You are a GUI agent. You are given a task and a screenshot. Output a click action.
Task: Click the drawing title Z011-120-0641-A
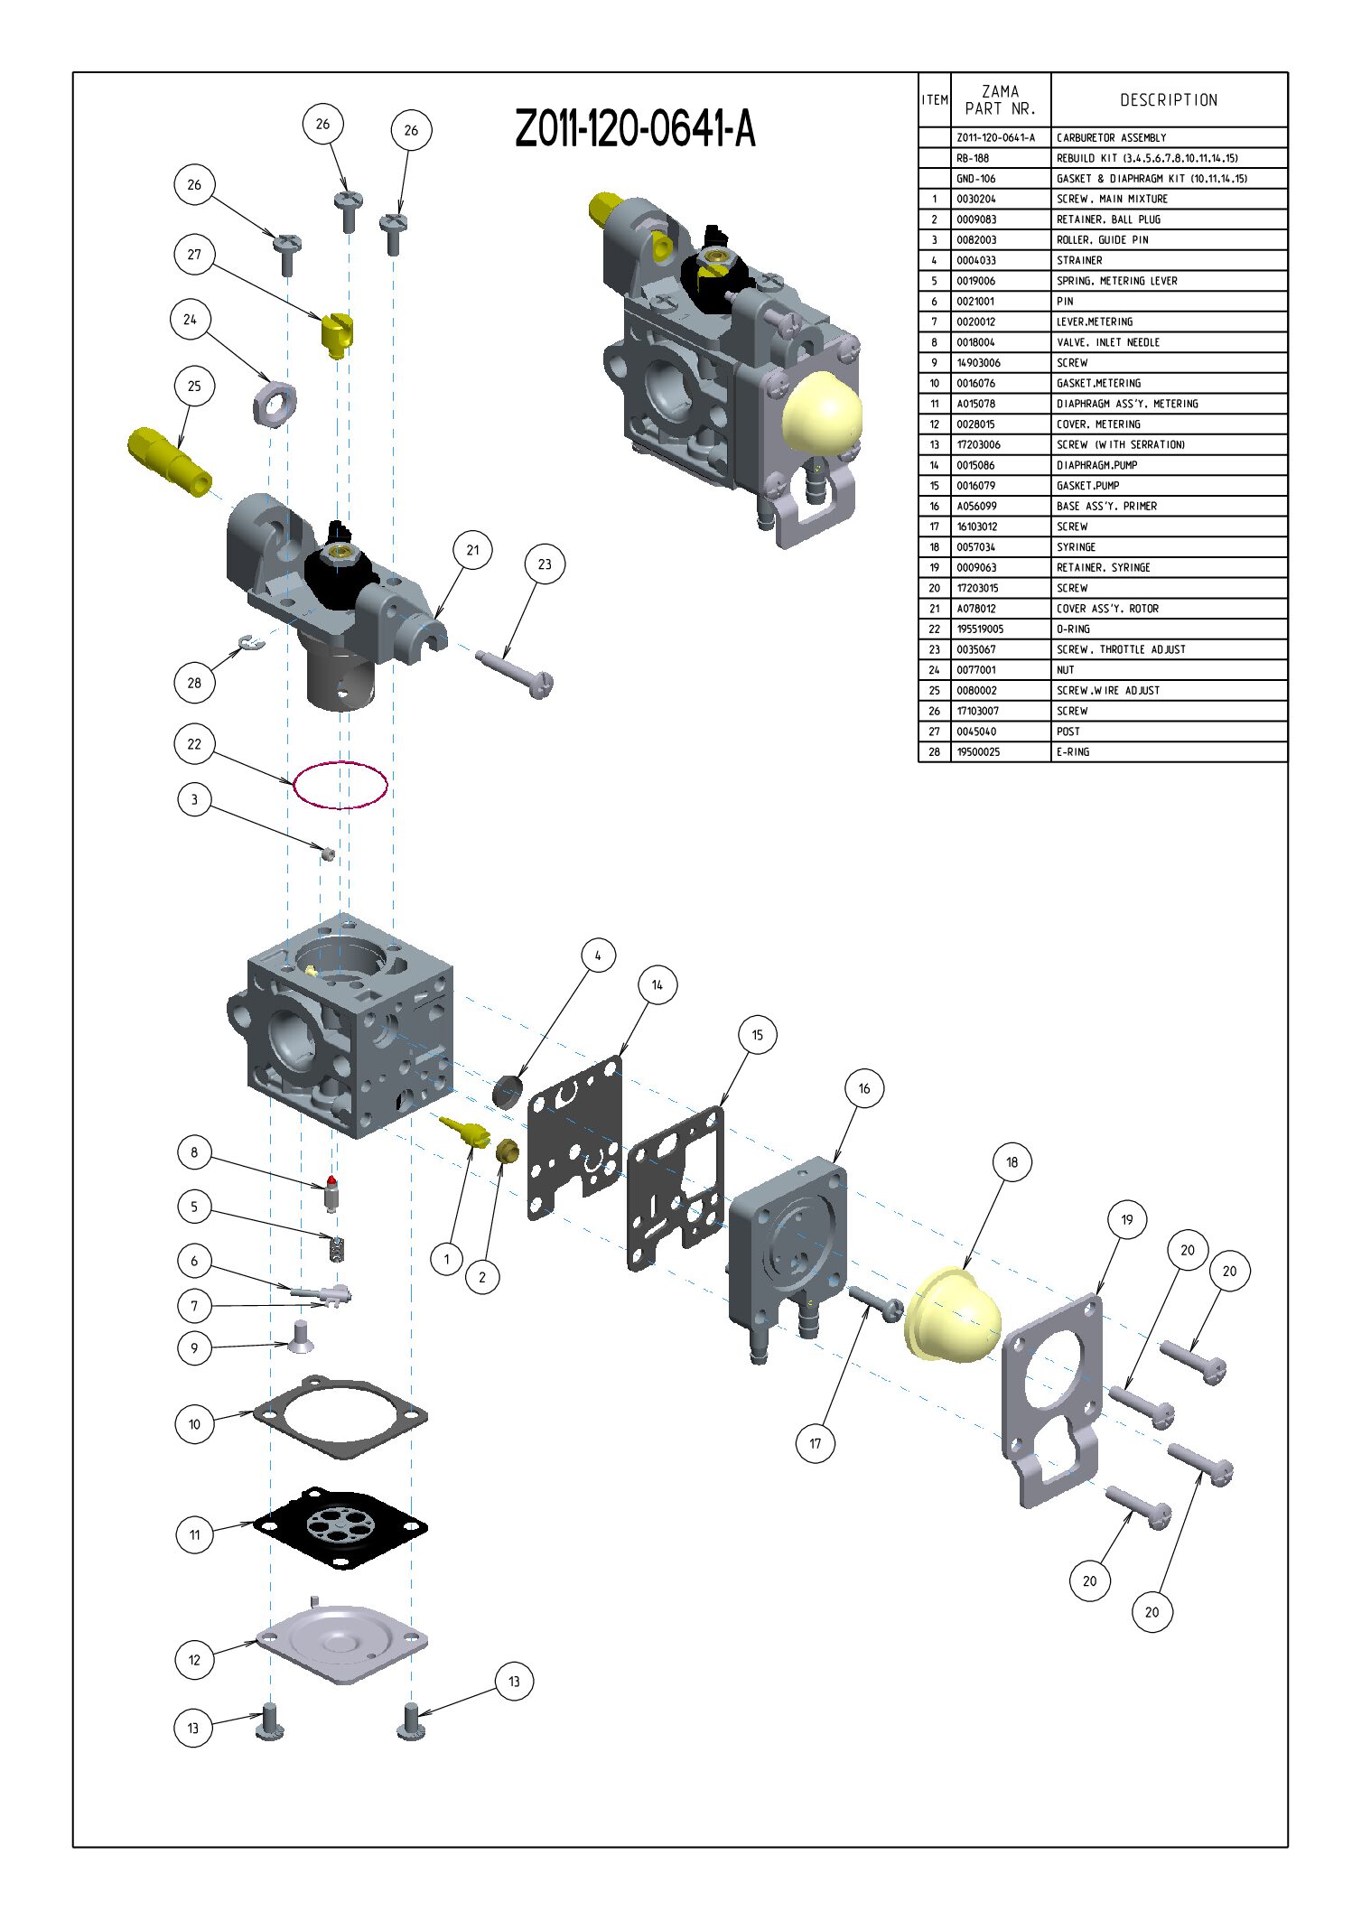tap(635, 128)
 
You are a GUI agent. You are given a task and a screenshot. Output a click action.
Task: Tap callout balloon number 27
tap(194, 255)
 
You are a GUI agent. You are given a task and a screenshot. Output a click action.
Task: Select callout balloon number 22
tap(194, 744)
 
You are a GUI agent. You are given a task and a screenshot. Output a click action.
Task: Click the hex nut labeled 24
tap(275, 403)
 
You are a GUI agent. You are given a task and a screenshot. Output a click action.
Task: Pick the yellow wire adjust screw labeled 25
tap(170, 461)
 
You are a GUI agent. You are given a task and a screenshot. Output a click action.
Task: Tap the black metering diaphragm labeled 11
tap(340, 1527)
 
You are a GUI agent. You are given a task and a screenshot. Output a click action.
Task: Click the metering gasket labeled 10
tap(340, 1415)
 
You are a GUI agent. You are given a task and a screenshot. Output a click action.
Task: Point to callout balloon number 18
tap(1012, 1162)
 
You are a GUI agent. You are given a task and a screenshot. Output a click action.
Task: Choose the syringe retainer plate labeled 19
tap(1053, 1400)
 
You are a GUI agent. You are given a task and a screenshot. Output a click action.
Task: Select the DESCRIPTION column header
tap(1169, 100)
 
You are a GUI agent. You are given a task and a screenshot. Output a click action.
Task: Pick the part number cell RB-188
tap(973, 158)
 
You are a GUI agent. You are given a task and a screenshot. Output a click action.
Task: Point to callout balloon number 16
tap(863, 1089)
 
